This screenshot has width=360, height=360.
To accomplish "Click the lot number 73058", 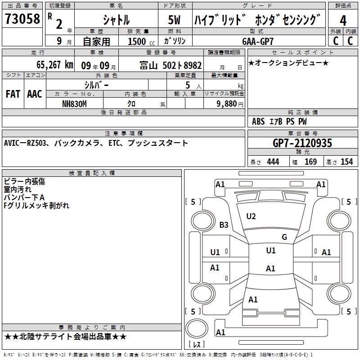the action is (x=22, y=18).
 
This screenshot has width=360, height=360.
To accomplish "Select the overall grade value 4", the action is (x=343, y=20).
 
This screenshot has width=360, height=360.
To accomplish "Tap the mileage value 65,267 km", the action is (x=55, y=65).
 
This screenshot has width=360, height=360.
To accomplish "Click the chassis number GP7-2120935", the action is (x=302, y=143).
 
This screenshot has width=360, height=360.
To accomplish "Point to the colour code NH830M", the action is (x=74, y=104).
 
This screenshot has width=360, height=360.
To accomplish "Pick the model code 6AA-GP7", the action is (x=258, y=41).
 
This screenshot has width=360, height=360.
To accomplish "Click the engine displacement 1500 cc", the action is (x=141, y=41).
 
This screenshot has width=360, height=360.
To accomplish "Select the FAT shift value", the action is (x=13, y=94).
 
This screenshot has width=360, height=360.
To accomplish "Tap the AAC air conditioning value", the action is (x=35, y=94).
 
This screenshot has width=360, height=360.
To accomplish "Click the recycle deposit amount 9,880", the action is (x=227, y=104).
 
